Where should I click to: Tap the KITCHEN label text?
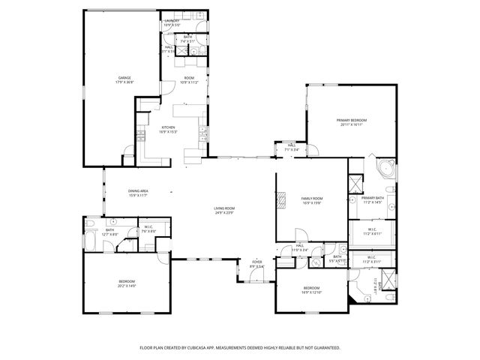point(167,127)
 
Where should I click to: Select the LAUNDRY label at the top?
point(172,21)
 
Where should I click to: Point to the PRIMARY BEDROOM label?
point(351,120)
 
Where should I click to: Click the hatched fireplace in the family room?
point(281,199)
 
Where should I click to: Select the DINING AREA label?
point(136,190)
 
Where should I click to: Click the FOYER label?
point(256,262)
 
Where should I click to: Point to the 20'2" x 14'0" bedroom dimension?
point(127,286)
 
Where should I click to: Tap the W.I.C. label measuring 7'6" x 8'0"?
point(148,231)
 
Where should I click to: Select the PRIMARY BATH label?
point(373,198)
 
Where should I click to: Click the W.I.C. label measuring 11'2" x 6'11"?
point(373,234)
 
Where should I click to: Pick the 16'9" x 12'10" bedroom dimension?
point(311,293)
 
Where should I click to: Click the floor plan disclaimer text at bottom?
point(240,348)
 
